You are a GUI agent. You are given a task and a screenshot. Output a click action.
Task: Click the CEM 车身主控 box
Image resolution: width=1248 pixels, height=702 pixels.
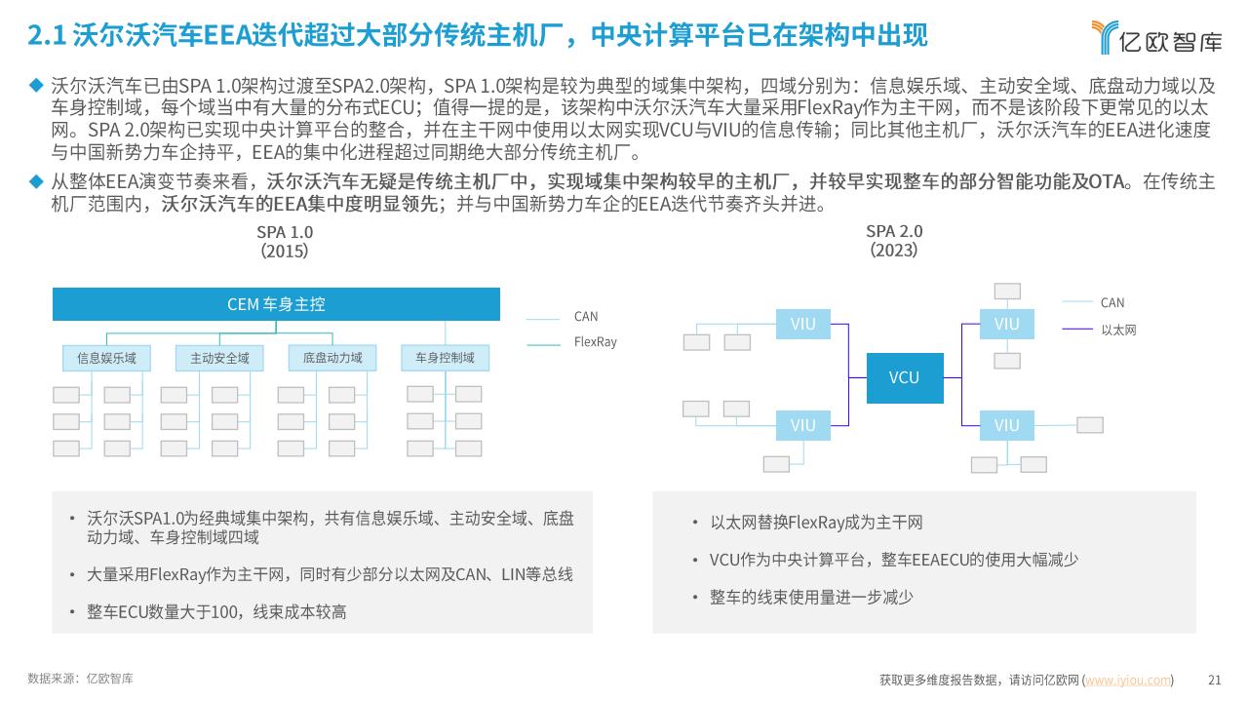tap(276, 304)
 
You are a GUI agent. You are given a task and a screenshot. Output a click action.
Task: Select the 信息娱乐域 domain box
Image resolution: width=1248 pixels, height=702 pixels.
tap(106, 358)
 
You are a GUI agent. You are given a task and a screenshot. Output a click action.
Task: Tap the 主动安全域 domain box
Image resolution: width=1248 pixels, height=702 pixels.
tap(219, 358)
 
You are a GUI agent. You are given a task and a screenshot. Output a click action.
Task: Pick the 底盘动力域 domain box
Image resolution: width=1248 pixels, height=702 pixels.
tap(332, 358)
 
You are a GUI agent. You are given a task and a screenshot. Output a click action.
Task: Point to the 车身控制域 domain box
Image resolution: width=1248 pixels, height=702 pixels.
tap(446, 358)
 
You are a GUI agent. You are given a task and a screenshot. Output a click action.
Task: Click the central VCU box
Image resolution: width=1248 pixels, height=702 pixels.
tap(905, 377)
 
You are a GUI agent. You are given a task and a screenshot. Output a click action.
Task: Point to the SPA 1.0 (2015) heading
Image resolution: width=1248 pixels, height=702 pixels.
tap(285, 242)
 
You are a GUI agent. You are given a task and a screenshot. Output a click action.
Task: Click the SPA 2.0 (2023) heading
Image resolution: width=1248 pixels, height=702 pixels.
tap(894, 241)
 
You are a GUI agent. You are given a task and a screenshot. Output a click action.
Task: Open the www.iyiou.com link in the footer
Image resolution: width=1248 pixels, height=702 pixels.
tap(1128, 681)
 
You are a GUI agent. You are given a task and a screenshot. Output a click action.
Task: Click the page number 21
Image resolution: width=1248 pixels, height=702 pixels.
tap(1215, 681)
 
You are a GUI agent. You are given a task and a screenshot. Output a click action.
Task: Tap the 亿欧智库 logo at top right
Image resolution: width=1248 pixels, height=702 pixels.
tap(1156, 37)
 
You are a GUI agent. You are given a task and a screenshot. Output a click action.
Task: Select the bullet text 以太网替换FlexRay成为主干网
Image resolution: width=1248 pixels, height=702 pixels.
tap(816, 523)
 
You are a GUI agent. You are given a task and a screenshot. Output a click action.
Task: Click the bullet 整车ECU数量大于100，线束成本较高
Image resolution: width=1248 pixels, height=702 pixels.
tap(216, 612)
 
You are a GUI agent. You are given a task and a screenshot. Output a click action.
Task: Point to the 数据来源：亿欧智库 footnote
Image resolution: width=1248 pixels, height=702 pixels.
tap(80, 679)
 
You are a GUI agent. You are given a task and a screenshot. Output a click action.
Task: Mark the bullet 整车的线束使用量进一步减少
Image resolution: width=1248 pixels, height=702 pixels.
tap(811, 598)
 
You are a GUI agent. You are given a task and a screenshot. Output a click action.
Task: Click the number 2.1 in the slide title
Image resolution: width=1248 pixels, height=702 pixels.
tap(47, 35)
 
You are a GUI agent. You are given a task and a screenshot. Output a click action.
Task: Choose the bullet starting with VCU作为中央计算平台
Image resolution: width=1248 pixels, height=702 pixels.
tap(894, 560)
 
